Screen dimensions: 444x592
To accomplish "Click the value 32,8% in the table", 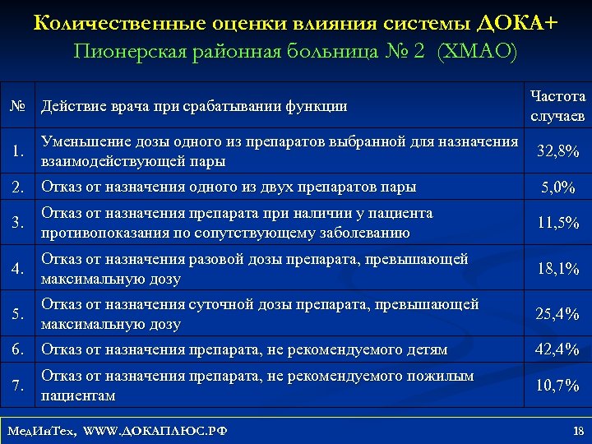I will [x=557, y=151].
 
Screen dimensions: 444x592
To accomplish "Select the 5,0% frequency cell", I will [x=557, y=187].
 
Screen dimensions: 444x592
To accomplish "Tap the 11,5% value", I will [x=557, y=223].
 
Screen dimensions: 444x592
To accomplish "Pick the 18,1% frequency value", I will [x=557, y=268].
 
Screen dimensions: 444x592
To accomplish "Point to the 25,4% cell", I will [x=557, y=313].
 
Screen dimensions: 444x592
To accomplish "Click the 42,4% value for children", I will [x=557, y=349].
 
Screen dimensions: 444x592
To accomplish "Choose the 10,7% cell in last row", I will [x=557, y=386].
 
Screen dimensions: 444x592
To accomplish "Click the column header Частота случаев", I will [x=557, y=106].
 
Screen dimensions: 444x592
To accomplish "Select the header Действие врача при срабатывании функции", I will [x=194, y=106].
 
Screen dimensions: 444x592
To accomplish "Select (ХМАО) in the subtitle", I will [x=478, y=52].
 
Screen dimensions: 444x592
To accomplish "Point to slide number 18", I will [x=577, y=430].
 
